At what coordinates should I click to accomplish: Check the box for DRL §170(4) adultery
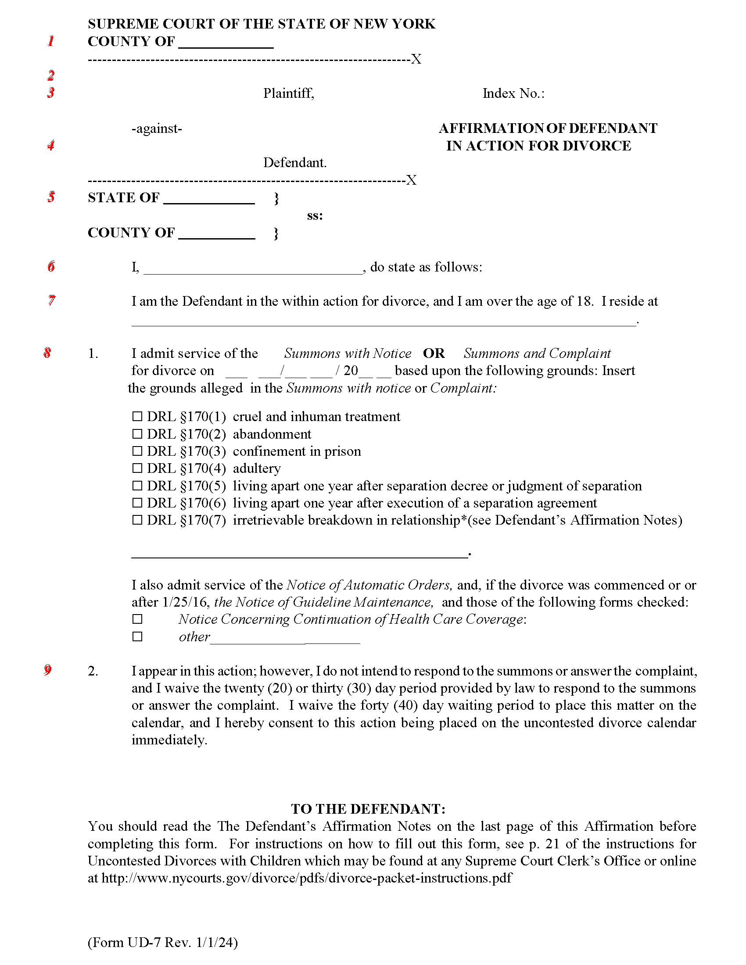(x=137, y=468)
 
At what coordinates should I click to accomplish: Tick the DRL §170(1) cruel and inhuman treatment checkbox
(x=137, y=416)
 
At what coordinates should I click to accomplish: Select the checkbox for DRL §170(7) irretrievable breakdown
(x=137, y=520)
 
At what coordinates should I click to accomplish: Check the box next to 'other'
(x=137, y=637)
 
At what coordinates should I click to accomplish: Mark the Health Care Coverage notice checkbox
(x=137, y=619)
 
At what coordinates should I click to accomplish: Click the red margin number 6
(x=51, y=266)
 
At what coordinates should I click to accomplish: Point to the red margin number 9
(x=48, y=670)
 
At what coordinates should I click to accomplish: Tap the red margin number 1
(x=51, y=41)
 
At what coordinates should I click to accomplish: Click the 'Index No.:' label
(x=513, y=93)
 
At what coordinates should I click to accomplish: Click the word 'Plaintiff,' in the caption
(x=289, y=93)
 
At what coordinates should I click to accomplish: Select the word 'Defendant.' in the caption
(x=295, y=163)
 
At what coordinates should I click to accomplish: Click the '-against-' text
(x=157, y=129)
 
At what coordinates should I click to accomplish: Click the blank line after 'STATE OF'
(x=208, y=199)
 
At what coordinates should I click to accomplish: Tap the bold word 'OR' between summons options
(x=434, y=354)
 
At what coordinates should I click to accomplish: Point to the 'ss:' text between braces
(x=315, y=216)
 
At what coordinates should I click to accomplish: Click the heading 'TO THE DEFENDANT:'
(x=368, y=808)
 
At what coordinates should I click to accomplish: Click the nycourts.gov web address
(x=306, y=878)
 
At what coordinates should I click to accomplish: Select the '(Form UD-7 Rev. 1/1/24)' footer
(x=163, y=943)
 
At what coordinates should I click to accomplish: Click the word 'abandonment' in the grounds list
(x=272, y=434)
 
